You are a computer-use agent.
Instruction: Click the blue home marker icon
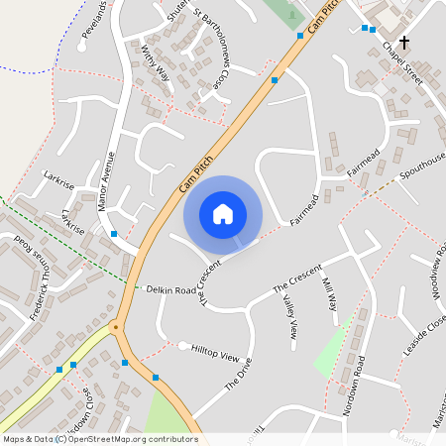pos(223,214)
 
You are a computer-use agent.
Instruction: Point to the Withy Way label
pos(156,62)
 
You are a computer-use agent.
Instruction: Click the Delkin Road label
pos(171,290)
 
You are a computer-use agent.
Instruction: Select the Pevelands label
pos(95,19)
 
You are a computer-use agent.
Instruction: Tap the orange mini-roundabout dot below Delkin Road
pos(116,325)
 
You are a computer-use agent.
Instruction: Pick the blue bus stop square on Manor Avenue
pos(115,234)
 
